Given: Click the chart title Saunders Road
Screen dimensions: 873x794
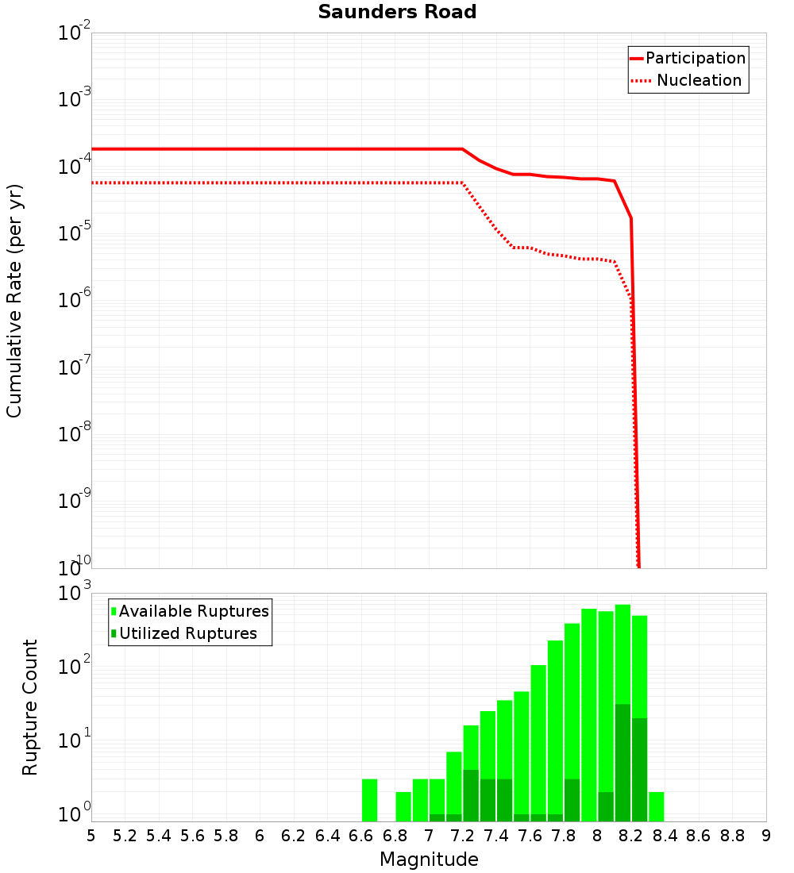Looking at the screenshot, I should [397, 13].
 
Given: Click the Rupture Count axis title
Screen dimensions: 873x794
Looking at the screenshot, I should [30, 707].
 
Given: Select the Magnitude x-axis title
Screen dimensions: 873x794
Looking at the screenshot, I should [429, 860].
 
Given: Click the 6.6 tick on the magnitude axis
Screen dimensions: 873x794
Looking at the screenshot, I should [360, 835].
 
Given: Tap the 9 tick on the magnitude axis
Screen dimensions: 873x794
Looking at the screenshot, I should [766, 835].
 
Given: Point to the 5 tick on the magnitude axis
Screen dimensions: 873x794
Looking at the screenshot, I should [91, 835].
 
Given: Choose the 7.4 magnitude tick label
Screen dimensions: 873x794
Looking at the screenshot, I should [495, 835].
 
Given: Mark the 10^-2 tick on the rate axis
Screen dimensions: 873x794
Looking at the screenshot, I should [75, 33].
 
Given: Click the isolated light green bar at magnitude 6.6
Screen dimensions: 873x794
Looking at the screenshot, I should [369, 800].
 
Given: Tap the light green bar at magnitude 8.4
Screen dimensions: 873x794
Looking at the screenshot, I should [657, 806].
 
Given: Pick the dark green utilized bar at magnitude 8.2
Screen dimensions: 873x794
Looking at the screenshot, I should [622, 762].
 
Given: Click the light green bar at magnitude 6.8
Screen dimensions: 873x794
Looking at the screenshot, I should [403, 806].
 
